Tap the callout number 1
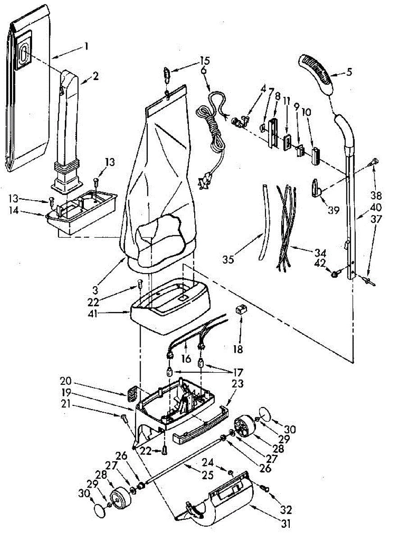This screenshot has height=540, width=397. [x=86, y=46]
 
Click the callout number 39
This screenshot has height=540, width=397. [x=333, y=210]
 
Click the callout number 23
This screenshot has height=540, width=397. [x=237, y=384]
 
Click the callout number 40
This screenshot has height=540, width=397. [x=375, y=208]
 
